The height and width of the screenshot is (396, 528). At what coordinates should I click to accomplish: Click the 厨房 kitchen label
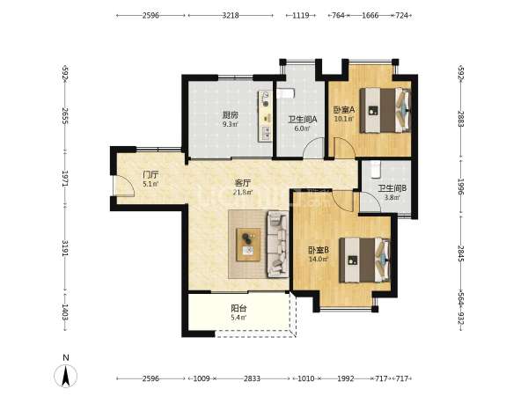(x=231, y=114)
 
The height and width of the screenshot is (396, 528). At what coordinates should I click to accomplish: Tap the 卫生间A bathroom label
(x=303, y=119)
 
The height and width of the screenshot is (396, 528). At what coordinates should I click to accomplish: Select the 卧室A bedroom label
(x=344, y=110)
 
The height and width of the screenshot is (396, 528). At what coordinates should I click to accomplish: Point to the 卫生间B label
(x=392, y=188)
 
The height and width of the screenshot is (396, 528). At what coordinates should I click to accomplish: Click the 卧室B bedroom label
(x=318, y=250)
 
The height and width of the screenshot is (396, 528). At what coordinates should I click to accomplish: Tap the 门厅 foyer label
(x=150, y=175)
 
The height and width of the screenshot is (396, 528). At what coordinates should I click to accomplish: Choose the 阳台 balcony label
(x=238, y=308)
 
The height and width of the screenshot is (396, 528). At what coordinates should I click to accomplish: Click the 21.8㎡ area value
(x=243, y=192)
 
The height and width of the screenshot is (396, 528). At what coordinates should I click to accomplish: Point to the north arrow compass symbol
(x=66, y=375)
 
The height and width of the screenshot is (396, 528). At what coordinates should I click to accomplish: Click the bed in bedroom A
(x=385, y=111)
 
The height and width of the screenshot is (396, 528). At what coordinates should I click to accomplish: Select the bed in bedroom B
(x=364, y=260)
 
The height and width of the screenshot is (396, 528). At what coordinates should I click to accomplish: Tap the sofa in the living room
(x=278, y=244)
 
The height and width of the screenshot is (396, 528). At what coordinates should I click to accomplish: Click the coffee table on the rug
(x=248, y=245)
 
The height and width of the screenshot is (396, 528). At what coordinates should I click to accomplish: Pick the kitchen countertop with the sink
(x=265, y=116)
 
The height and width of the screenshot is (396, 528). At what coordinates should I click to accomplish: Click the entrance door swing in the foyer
(x=124, y=186)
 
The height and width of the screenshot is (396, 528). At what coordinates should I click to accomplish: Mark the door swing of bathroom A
(x=313, y=148)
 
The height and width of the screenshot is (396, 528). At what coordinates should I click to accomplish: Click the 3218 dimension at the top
(x=231, y=16)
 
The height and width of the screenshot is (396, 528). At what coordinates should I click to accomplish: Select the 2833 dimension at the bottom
(x=252, y=378)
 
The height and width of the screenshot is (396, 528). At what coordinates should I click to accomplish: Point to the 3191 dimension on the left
(x=65, y=248)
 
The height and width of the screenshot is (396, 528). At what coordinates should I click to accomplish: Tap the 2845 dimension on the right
(x=460, y=253)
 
